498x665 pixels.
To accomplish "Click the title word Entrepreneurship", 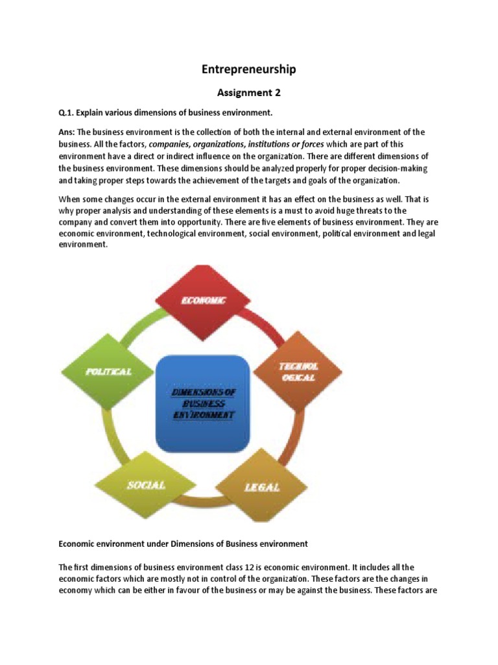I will tap(249, 69).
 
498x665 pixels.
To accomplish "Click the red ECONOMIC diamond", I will tap(203, 299).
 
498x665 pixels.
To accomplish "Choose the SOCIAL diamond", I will tap(146, 484).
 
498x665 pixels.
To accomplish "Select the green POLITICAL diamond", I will tap(109, 371).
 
